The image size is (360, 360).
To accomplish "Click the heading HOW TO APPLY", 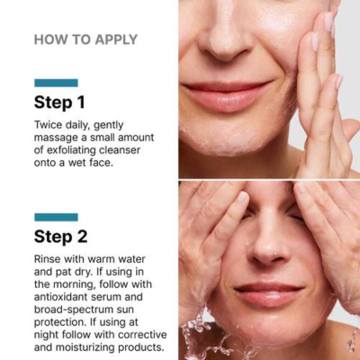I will tap(85, 40).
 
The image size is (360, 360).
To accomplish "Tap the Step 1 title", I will tap(59, 102).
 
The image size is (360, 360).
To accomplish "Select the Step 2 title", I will tap(60, 237).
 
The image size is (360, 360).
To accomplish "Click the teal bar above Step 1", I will tap(56, 83).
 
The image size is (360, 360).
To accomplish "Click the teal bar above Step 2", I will tap(56, 217).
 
